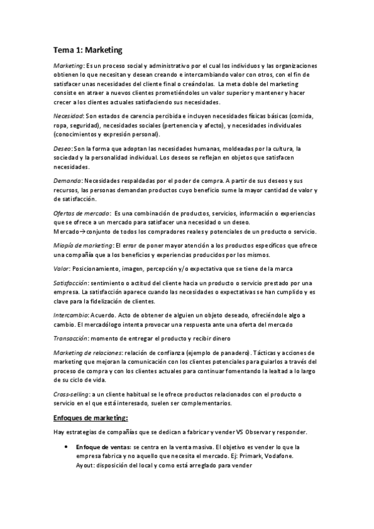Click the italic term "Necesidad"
point(68,117)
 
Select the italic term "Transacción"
point(71,338)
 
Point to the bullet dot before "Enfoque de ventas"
point(66,447)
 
